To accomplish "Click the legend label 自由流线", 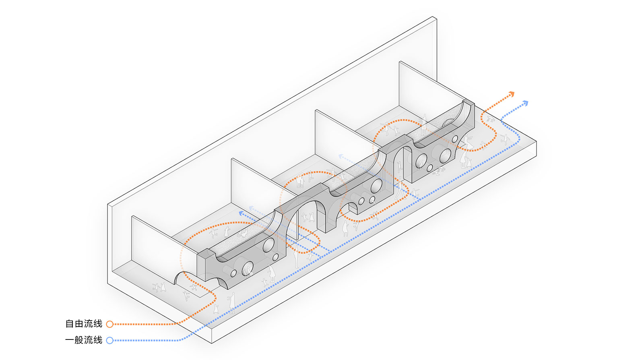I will pyautogui.click(x=84, y=324).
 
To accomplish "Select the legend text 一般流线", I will pyautogui.click(x=84, y=340).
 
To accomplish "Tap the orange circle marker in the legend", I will pyautogui.click(x=109, y=324).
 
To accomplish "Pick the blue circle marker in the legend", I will pyautogui.click(x=109, y=340).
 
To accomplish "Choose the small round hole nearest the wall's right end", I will pyautogui.click(x=455, y=139).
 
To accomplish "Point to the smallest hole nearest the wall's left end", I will pyautogui.click(x=233, y=273).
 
